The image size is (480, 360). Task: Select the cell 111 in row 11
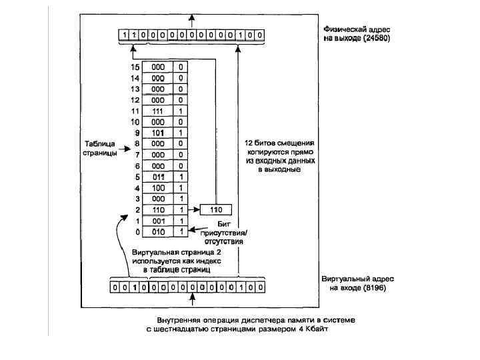tap(158, 111)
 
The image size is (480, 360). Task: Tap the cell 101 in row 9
tap(158, 133)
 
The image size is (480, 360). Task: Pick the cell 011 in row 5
tap(158, 177)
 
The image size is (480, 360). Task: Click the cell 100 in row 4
tap(158, 188)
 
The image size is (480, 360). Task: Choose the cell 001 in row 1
tap(158, 221)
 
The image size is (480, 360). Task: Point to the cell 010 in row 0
tap(158, 231)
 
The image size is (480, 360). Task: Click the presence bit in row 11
tap(181, 111)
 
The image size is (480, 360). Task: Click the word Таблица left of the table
tap(100, 144)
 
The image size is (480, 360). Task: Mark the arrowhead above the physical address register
tap(192, 17)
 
